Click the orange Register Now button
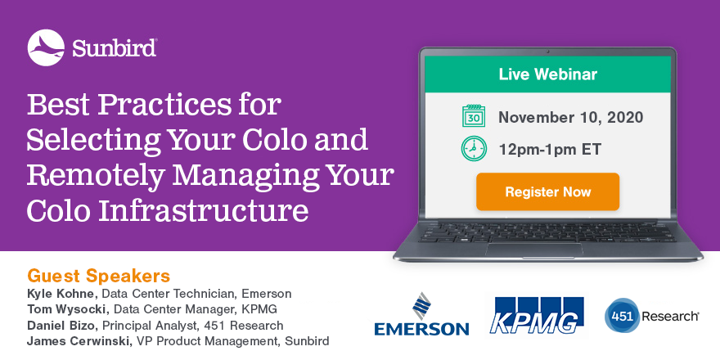click(547, 191)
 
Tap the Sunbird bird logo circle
click(46, 47)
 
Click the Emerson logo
click(421, 314)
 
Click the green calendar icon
click(474, 115)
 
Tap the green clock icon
click(474, 149)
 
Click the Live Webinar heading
click(548, 74)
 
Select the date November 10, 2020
click(571, 118)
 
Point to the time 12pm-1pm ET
click(550, 149)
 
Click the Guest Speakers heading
click(99, 276)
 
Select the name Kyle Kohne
click(62, 294)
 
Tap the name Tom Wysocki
click(67, 309)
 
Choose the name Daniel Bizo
click(63, 326)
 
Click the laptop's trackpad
click(534, 250)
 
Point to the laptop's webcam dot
click(548, 52)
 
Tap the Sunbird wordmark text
click(115, 48)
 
